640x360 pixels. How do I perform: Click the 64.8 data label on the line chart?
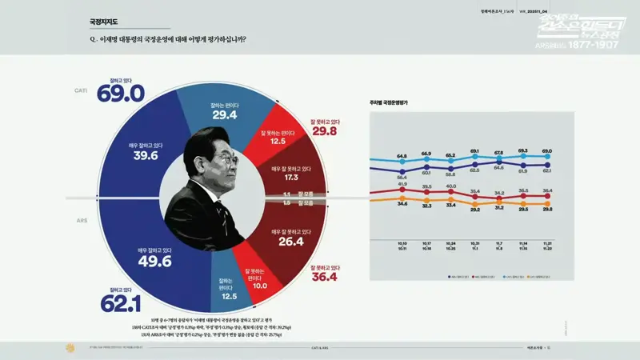coord(402,156)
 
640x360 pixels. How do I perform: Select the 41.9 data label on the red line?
coord(402,184)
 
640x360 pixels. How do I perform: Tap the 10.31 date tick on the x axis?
coord(474,244)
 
